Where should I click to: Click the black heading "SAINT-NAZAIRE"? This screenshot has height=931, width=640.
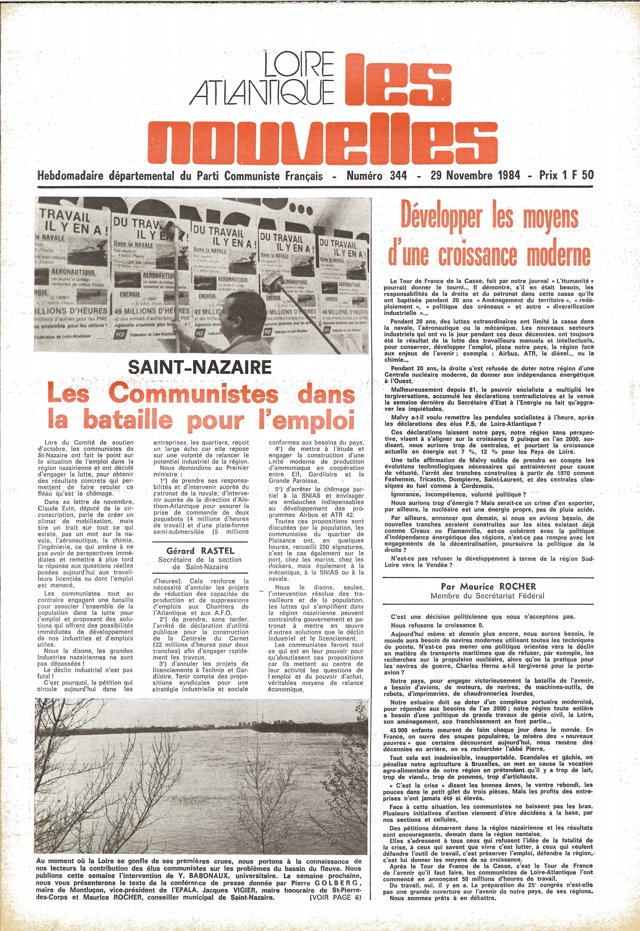click(200, 367)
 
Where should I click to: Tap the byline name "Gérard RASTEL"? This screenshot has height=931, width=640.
click(200, 550)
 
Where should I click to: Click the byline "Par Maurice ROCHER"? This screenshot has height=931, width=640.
click(488, 586)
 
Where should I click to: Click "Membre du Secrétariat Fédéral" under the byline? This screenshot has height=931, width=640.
click(487, 596)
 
